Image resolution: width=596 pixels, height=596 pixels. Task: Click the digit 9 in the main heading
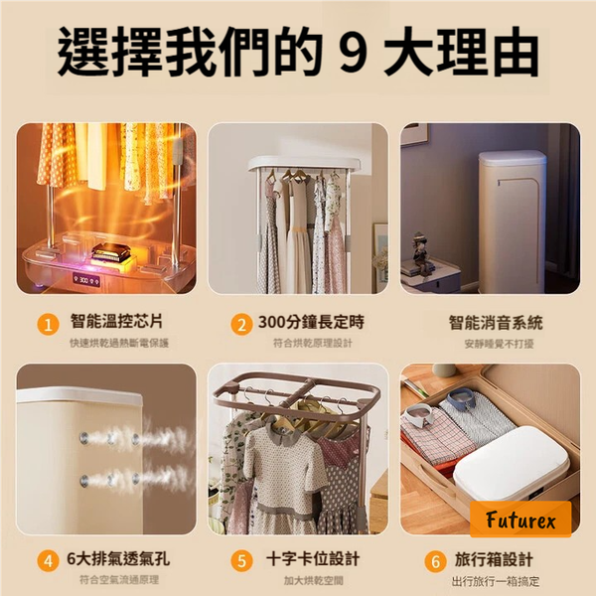coord(353,52)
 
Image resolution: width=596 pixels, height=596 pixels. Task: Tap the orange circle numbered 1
coord(48,326)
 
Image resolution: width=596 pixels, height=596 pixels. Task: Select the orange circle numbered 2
coord(241,326)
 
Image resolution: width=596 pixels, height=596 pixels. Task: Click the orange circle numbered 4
coord(48,561)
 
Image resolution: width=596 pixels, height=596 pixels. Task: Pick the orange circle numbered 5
coord(241,561)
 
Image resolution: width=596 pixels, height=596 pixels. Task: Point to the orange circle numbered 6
coord(436,561)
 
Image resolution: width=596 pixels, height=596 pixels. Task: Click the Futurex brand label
coord(521,520)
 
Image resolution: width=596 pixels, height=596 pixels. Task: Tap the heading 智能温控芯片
coord(116,322)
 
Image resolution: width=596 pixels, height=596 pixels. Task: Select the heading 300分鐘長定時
coord(311,322)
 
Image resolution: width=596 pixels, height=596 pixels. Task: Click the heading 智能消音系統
coord(496,323)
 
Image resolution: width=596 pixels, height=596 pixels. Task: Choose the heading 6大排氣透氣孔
coord(118,558)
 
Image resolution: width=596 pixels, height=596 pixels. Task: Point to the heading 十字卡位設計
coord(313,559)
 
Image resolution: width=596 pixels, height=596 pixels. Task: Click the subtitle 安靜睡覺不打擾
coord(499,344)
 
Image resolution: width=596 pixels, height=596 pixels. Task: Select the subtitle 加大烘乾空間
coord(314,580)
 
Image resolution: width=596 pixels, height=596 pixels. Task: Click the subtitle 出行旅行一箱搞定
coord(496,581)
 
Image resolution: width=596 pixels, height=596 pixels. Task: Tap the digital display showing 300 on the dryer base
coord(86,280)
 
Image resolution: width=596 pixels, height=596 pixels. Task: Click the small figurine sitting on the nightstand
coord(419,251)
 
